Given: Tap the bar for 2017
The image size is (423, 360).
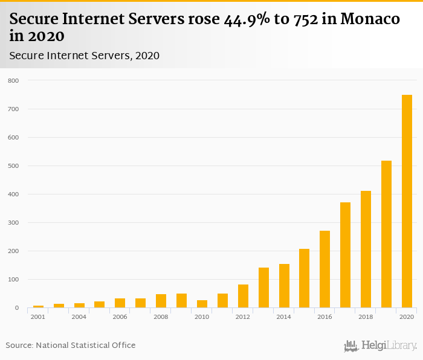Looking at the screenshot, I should (345, 255).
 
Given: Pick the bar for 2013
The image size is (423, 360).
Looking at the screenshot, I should (263, 288).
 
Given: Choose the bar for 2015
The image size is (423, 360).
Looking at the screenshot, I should (304, 278).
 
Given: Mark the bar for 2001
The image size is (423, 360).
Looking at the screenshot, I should (39, 306).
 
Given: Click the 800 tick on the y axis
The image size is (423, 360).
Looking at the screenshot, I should (13, 80).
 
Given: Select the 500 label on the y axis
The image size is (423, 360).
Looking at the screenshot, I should (13, 166).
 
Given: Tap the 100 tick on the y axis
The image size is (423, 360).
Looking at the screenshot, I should (13, 280).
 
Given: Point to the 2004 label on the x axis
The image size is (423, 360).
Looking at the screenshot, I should (79, 317).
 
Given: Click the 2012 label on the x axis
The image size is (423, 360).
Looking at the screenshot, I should (243, 317).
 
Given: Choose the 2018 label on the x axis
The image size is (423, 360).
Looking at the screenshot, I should (366, 317).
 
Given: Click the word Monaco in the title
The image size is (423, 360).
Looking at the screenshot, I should (370, 19).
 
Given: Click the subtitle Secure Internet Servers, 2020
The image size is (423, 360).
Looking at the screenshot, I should (84, 56).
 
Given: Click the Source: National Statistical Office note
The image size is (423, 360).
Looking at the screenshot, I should (71, 345).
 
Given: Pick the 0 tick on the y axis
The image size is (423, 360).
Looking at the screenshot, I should (17, 308).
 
